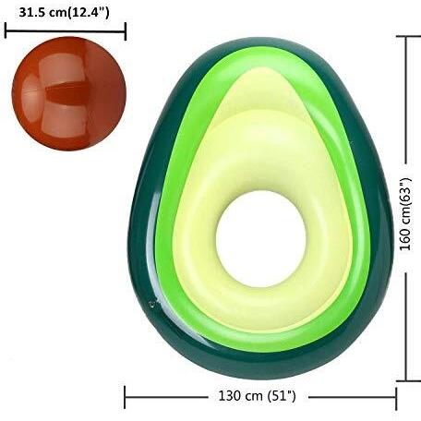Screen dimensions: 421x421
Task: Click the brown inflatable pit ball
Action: (x=69, y=93)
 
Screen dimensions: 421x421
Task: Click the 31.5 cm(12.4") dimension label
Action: (x=64, y=13)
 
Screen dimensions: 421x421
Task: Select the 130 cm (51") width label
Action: (x=257, y=396)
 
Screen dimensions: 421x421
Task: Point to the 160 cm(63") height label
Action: (x=406, y=214)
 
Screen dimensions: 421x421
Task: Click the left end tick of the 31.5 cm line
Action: (x=6, y=31)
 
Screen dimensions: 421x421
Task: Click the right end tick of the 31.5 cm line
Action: (x=126, y=31)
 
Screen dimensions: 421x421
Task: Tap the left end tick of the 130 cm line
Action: (x=125, y=397)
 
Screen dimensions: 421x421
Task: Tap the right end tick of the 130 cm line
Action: (x=396, y=398)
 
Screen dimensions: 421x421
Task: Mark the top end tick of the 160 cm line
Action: (x=408, y=36)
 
